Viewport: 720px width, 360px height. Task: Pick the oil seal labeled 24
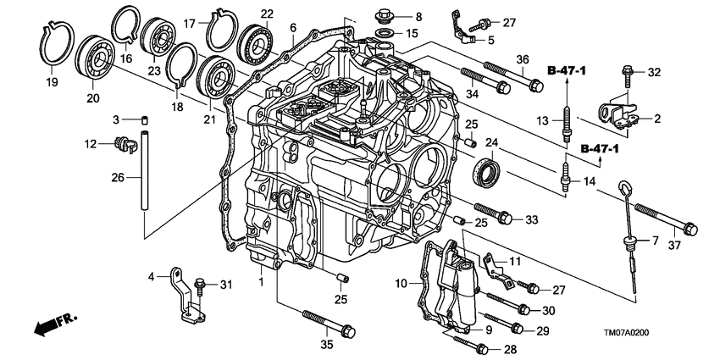[x=488, y=171]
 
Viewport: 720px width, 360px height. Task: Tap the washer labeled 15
[x=382, y=34]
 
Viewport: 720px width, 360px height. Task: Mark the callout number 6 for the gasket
[x=293, y=28]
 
